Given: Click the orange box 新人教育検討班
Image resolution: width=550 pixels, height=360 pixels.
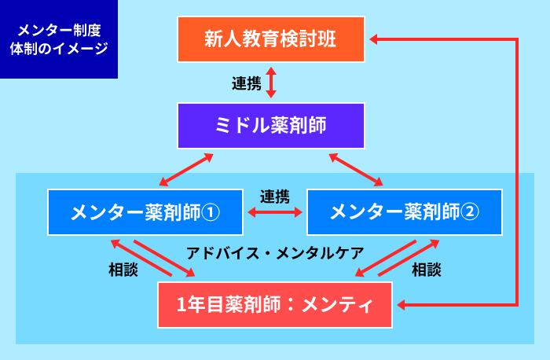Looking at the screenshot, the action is pos(271,39).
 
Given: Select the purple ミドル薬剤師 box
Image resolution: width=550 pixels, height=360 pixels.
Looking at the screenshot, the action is pos(271,126).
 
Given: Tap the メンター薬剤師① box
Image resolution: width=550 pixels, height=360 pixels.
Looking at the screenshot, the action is pos(145,212).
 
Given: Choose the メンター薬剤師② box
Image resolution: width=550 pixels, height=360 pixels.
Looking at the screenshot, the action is pos(405,212).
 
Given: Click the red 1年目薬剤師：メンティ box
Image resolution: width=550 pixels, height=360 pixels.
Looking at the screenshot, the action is pos(275,305).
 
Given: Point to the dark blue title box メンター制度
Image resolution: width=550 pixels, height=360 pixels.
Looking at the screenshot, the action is pos(59,39).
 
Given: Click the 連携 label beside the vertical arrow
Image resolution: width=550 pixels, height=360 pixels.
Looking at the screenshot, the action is pos(247,83).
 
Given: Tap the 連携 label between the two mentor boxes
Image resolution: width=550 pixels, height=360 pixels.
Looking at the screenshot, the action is pos(275,197).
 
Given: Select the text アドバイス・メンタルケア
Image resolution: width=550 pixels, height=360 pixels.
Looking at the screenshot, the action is pos(275,253).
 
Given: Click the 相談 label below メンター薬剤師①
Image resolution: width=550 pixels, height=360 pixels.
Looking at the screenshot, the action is pos(123,270).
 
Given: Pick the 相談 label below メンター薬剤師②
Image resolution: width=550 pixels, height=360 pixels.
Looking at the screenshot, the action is pos(426,270).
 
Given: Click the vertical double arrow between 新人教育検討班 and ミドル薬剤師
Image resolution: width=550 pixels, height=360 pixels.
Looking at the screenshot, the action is pos(271,83).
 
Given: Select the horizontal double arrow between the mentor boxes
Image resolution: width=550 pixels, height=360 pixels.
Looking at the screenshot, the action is pos(275,212).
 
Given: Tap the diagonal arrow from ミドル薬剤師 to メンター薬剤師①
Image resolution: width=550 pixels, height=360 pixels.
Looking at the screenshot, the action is pos(186,170).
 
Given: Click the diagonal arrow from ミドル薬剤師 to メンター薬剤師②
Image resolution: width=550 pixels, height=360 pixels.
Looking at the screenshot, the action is pos(356,170).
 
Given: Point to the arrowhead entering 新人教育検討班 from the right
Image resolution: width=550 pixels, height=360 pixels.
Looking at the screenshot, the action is pos(373,39).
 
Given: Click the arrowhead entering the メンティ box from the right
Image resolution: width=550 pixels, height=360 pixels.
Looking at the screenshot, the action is pos(401,305).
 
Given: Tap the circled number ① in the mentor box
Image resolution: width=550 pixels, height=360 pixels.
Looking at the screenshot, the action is pos(211,212).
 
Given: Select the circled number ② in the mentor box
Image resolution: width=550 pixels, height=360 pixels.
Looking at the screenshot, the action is pos(470,212).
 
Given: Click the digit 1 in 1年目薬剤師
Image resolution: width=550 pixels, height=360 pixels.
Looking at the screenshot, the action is pos(181,304).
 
